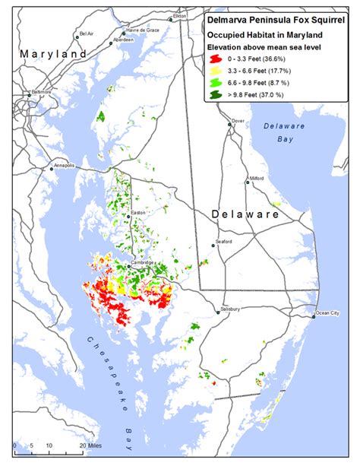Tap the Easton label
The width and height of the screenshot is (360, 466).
click(137, 212)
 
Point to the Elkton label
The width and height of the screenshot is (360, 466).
click(179, 15)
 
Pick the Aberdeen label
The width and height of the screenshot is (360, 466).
click(112, 39)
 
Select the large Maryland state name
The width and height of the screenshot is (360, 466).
click(53, 55)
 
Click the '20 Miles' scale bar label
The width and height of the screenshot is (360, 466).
click(91, 445)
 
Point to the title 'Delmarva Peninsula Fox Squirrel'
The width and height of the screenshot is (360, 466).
click(276, 21)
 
